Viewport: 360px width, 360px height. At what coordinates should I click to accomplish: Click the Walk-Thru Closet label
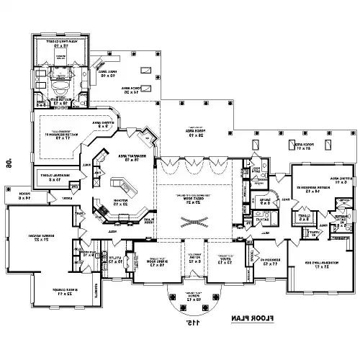coord(60,43)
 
